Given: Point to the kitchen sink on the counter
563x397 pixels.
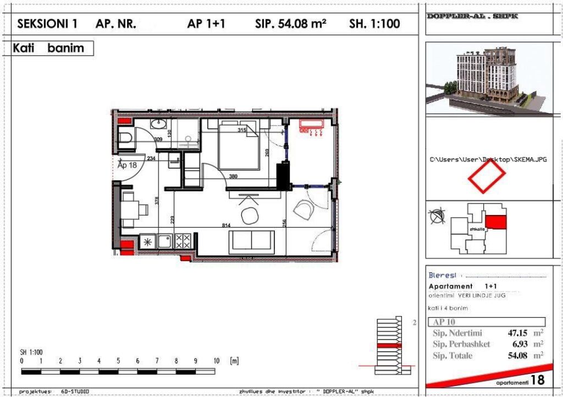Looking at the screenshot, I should pyautogui.click(x=164, y=240).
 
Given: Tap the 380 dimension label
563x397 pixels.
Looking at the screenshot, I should pyautogui.click(x=233, y=177).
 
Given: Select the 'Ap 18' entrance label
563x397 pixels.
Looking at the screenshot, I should pyautogui.click(x=127, y=164).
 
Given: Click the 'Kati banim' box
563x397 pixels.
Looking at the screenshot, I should pyautogui.click(x=53, y=48).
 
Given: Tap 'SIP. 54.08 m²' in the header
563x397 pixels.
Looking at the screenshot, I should pyautogui.click(x=291, y=24).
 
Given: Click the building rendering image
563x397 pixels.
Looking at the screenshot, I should pyautogui.click(x=489, y=80).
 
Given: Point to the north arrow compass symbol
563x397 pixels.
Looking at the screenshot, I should pyautogui.click(x=437, y=216).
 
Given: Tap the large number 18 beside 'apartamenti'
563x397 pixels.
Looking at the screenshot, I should pyautogui.click(x=538, y=379).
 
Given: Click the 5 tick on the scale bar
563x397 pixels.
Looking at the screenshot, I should pyautogui.click(x=118, y=361).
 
